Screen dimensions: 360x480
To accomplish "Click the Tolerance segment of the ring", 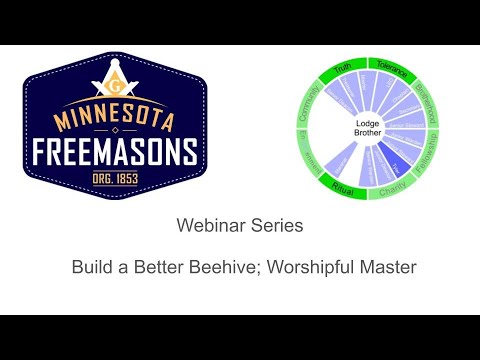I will [386, 67].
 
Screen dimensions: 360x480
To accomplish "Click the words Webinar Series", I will [239, 227].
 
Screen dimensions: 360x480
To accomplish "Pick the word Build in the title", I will [91, 268].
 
